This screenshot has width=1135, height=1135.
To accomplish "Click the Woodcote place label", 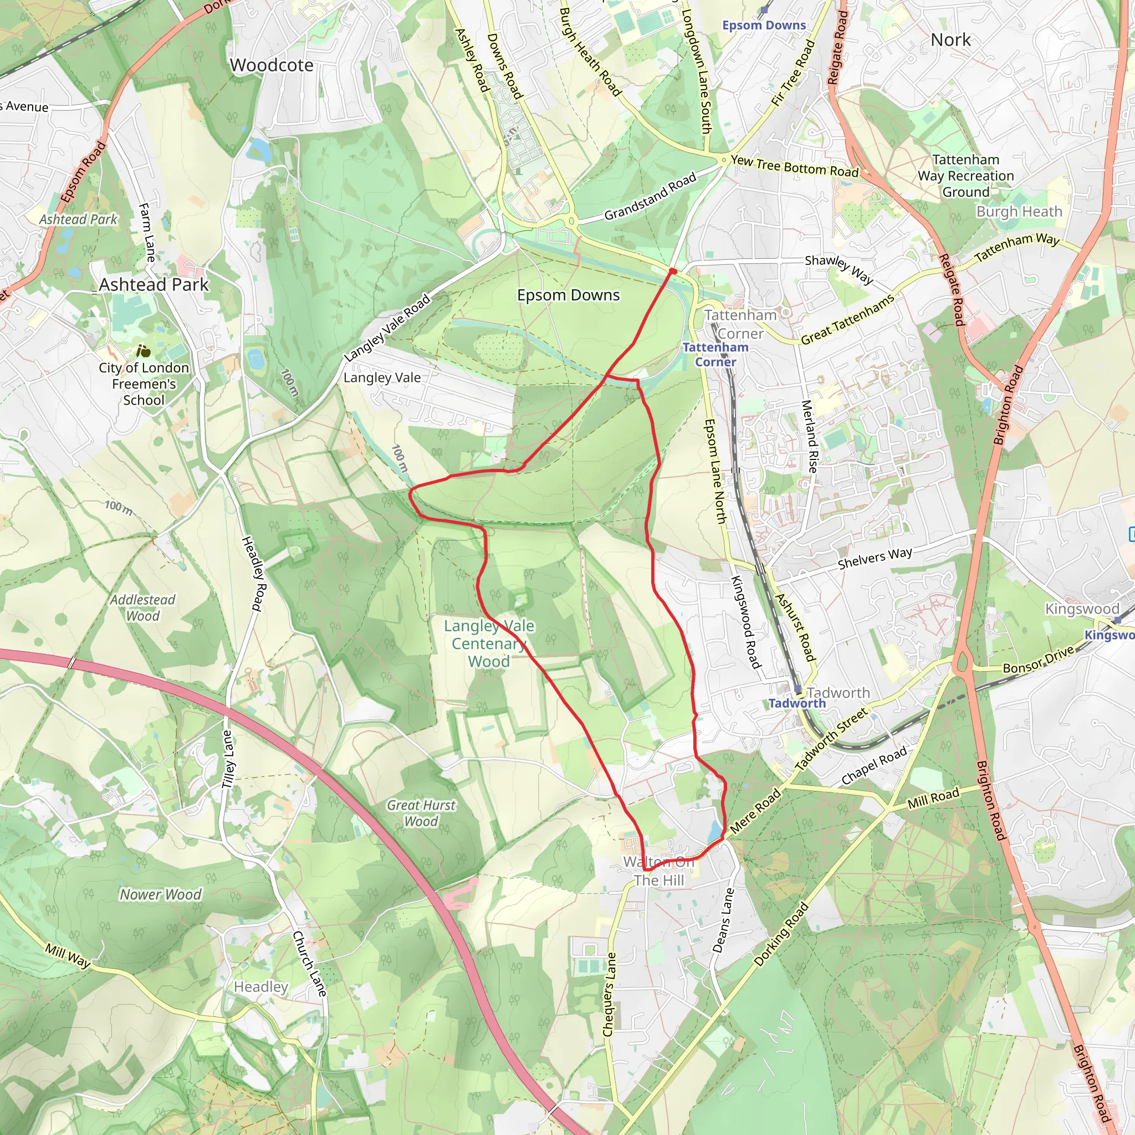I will tap(272, 65).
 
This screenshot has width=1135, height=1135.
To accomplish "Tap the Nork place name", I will tap(950, 40).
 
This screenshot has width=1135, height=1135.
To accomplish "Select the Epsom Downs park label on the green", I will tap(568, 295).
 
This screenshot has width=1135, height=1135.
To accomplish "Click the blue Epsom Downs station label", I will tap(764, 25).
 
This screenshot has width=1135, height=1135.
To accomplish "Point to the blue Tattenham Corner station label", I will tap(715, 354).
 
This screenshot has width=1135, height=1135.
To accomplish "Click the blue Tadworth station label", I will tap(796, 703).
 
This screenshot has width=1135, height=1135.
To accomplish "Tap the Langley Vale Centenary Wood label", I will tap(489, 643).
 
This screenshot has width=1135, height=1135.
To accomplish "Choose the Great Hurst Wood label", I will tap(421, 813).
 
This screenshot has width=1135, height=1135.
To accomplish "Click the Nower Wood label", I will tap(160, 894).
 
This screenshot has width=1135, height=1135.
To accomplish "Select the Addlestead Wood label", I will tap(143, 607).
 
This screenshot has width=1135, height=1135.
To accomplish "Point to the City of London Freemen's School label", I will tap(144, 384).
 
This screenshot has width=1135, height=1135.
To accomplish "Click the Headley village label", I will tap(261, 986).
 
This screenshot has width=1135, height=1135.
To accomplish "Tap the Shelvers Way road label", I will tap(875, 558).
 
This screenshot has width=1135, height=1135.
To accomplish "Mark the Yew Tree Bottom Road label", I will tap(794, 166).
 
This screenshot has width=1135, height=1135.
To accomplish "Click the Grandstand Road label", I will tap(650, 196).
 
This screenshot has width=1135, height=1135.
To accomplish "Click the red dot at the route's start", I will tap(673, 272).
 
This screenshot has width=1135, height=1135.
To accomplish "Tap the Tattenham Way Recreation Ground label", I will tap(966, 176).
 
